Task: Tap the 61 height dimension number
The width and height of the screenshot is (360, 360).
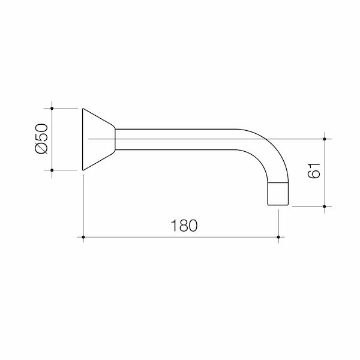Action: click(313, 172)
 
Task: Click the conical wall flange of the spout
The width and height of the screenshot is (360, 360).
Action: click(97, 139)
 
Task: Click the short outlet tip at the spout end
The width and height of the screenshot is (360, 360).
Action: click(278, 194)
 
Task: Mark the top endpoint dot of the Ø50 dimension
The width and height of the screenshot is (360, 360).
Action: click(53, 109)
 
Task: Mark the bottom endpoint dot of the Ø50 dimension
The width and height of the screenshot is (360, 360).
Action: click(53, 170)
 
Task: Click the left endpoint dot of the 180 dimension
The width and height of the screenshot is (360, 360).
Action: click(82, 238)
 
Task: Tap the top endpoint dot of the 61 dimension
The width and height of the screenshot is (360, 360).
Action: click(325, 139)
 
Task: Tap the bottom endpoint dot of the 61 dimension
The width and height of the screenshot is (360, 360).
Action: click(325, 206)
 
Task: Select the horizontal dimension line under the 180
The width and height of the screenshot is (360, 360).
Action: click(180, 238)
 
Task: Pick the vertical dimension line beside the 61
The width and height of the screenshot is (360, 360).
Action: click(325, 173)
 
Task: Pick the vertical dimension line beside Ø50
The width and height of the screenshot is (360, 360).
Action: click(53, 139)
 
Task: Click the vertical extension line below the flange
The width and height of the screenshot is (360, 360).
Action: click(82, 204)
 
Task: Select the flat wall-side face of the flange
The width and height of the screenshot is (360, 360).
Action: click(83, 139)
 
